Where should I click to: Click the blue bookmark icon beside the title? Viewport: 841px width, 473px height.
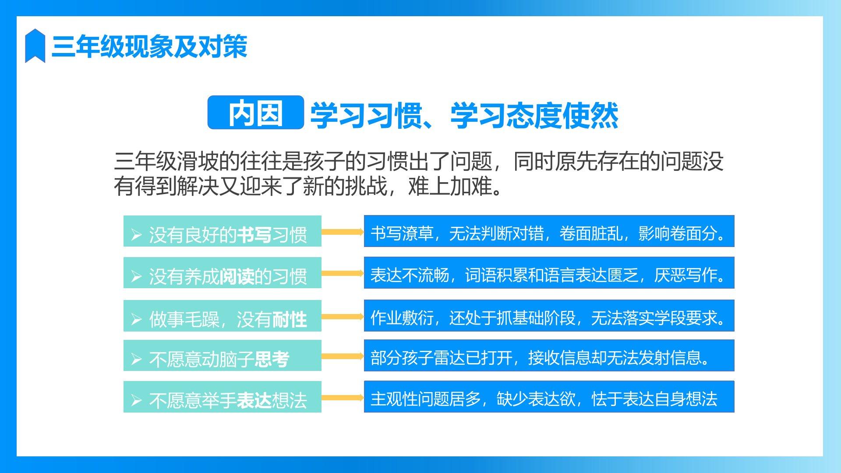tap(35, 46)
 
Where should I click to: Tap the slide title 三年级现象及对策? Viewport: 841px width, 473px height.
tap(149, 46)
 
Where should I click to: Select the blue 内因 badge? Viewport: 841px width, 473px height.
tap(256, 113)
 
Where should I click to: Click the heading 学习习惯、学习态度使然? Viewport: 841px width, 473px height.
tap(464, 116)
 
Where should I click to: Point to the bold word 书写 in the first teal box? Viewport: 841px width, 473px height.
tap(254, 235)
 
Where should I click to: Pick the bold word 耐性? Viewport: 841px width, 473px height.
tap(289, 319)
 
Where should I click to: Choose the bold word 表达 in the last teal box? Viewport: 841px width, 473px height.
tap(254, 400)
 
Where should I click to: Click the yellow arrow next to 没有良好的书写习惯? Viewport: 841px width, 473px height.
tap(343, 232)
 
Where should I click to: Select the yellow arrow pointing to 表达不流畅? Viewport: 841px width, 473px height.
tap(343, 273)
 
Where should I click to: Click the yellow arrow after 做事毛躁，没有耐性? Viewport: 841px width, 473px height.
tap(343, 316)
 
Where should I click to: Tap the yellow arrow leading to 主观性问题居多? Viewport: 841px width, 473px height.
tap(343, 398)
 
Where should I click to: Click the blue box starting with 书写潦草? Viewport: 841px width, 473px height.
tap(549, 231)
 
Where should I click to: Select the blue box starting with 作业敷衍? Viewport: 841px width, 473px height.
tap(549, 315)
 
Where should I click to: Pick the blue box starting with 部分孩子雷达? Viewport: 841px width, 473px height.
tap(549, 356)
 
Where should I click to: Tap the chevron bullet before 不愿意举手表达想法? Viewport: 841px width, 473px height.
tap(136, 400)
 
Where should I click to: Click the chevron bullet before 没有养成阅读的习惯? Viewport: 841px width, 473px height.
tap(136, 276)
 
